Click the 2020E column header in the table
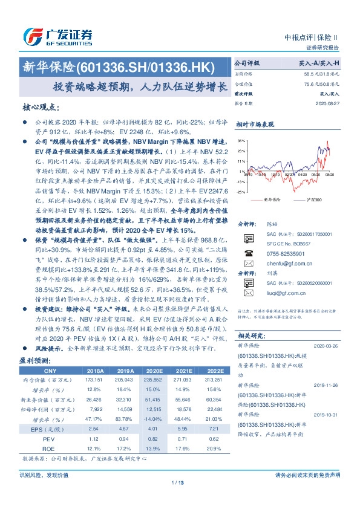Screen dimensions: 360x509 pyautogui.click(x=155, y=371)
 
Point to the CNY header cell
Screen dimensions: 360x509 pyautogui.click(x=50, y=371)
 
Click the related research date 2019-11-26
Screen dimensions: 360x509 pyautogui.click(x=326, y=385)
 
